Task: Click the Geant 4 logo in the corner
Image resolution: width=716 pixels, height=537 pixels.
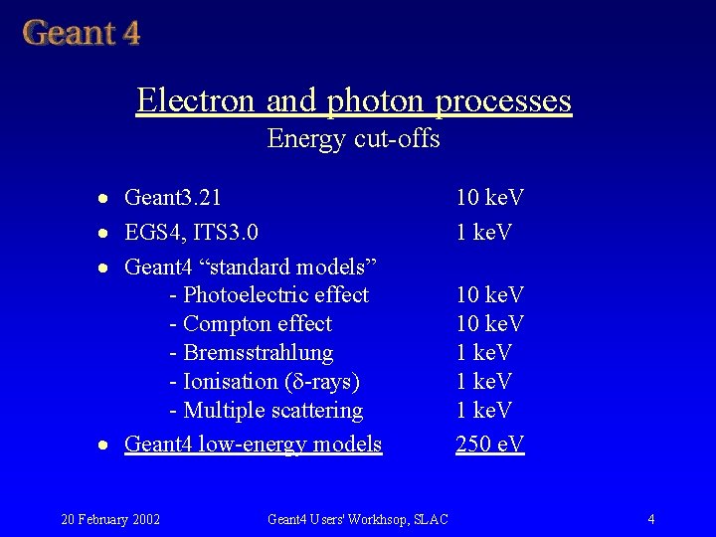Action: pos(82,32)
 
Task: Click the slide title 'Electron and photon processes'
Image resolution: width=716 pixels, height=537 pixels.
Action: pos(354,100)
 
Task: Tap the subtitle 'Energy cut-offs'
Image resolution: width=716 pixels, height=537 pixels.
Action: pos(353,138)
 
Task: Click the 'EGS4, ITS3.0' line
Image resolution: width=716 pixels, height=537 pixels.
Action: pos(191,233)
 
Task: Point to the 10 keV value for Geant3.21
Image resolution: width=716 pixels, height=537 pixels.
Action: pos(489,198)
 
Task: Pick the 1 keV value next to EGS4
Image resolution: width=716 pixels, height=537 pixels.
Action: pos(483,233)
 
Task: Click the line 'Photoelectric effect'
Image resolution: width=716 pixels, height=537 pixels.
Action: pos(269,295)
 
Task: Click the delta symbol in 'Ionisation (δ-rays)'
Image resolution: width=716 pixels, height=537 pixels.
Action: pos(295,382)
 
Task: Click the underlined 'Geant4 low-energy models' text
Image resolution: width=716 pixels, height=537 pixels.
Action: pos(253,444)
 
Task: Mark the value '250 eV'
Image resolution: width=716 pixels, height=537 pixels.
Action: pos(489,444)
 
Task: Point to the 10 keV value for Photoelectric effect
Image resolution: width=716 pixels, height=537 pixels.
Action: pos(489,295)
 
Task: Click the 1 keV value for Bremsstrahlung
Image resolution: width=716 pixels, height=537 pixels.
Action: pos(483,353)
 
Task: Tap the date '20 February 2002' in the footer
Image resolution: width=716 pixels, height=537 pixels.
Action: pos(111,519)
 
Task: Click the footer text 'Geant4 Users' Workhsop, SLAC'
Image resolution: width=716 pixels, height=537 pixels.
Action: pos(358,519)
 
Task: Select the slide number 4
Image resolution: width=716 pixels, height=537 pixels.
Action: pos(650,519)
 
